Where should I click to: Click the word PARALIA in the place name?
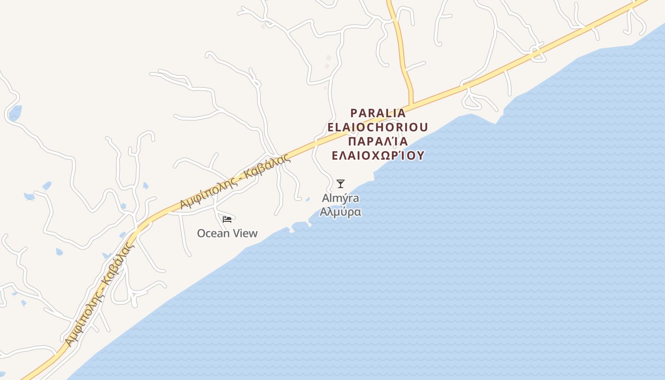click(x=378, y=113)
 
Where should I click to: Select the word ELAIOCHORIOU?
click(x=378, y=127)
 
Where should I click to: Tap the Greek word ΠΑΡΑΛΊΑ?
click(x=378, y=141)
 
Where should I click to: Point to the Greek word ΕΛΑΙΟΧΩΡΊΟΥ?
click(x=378, y=155)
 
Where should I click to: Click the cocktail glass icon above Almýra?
click(x=340, y=184)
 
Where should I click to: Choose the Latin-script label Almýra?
click(x=340, y=198)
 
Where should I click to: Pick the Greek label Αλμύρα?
click(x=340, y=212)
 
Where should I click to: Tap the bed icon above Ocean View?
click(x=227, y=219)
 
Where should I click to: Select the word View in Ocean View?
click(x=245, y=233)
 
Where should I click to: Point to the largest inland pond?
click(x=15, y=113)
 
